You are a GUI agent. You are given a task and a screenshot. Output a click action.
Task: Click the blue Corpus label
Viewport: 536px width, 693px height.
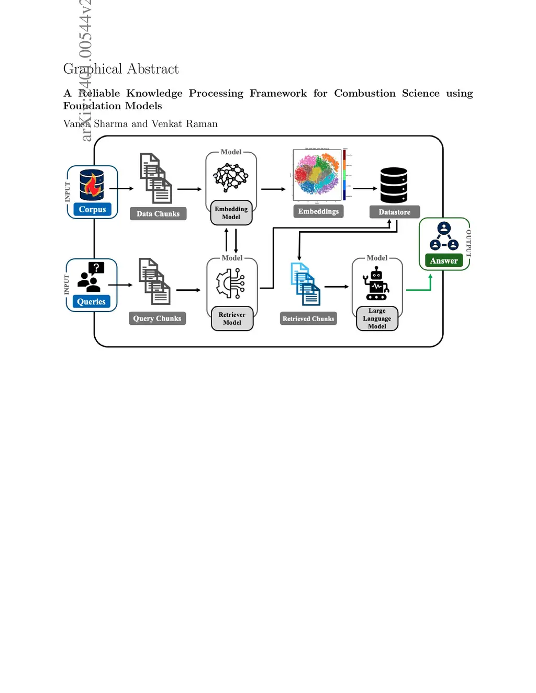(x=92, y=209)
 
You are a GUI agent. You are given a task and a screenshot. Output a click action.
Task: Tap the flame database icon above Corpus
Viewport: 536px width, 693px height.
(x=92, y=185)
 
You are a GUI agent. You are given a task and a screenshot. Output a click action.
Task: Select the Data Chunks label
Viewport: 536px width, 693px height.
(x=158, y=213)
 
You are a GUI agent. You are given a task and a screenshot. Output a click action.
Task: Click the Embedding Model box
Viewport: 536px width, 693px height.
(x=231, y=213)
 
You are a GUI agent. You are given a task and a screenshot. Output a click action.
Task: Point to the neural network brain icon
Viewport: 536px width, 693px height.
(x=231, y=177)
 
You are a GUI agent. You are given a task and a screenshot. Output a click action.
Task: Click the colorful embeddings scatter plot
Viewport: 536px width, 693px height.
(x=317, y=175)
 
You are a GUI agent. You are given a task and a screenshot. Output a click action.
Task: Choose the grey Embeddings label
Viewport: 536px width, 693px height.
(x=318, y=211)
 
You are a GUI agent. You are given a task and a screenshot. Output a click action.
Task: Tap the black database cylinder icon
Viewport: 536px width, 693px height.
(x=394, y=185)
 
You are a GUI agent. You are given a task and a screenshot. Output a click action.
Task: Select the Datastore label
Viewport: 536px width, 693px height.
(x=395, y=212)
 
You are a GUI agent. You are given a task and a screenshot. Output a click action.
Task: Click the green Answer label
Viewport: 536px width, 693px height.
(x=444, y=260)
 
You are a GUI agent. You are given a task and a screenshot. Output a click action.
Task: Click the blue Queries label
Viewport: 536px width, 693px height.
(x=92, y=302)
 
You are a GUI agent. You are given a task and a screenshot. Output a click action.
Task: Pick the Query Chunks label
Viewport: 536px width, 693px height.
(x=157, y=319)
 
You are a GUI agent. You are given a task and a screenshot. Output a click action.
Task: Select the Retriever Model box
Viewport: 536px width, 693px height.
(x=232, y=319)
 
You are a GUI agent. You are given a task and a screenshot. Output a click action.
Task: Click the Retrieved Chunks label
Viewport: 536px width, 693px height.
(x=308, y=319)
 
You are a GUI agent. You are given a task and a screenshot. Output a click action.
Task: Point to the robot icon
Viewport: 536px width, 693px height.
(x=376, y=284)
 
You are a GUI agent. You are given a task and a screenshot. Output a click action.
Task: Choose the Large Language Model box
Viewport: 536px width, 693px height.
(x=377, y=319)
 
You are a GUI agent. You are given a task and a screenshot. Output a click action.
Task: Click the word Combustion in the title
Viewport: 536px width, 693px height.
(x=365, y=93)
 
